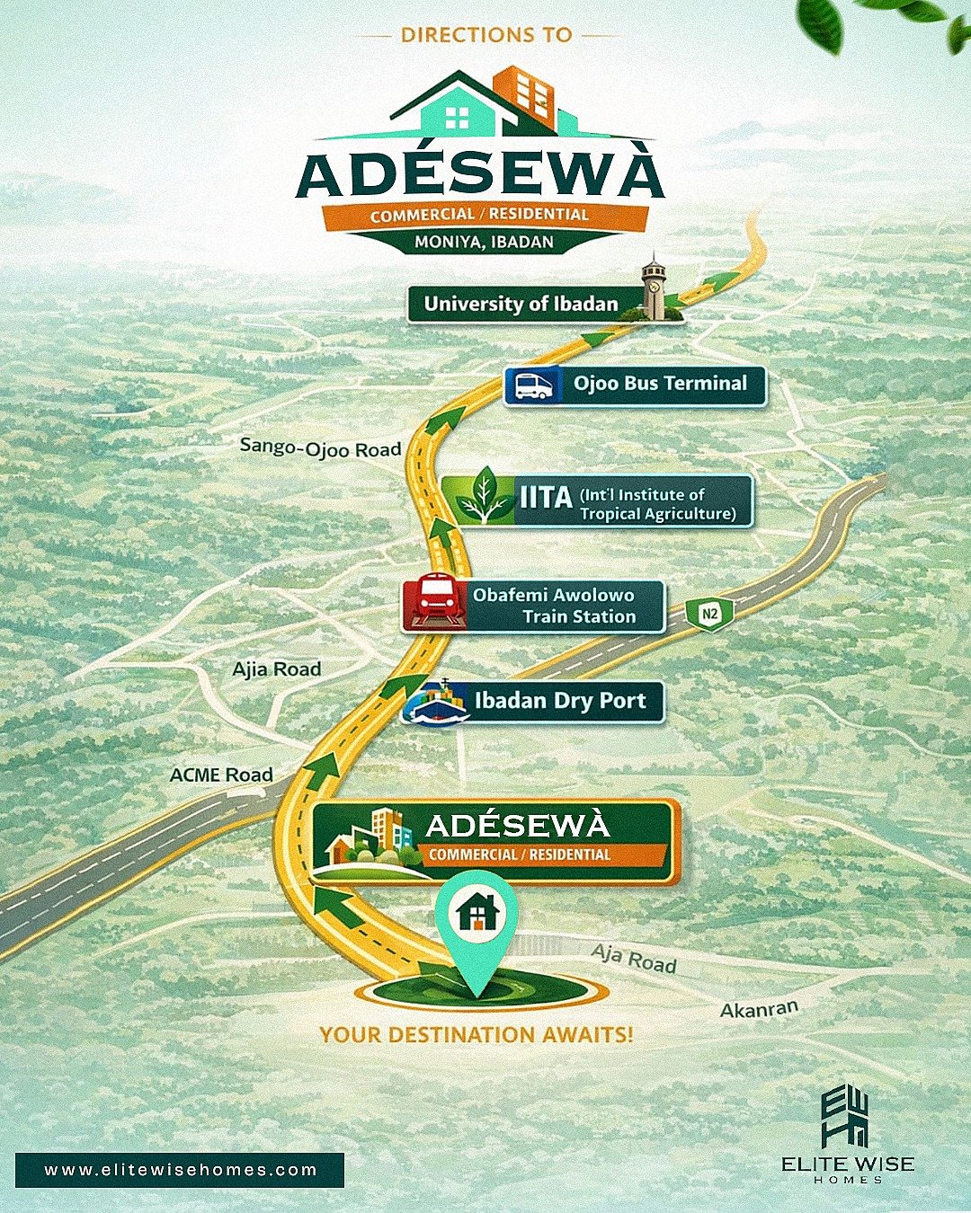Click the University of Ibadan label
coord(521,304)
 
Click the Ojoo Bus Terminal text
coord(660,384)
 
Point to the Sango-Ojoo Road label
coord(320,447)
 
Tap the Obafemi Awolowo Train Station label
coord(554,606)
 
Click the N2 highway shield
coord(710,615)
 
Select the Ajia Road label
coord(276,669)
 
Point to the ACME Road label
coord(221,775)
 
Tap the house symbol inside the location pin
coord(477,914)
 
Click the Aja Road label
coord(634,959)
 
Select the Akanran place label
coord(759,1009)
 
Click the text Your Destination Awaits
coord(476,1034)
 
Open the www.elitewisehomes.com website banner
coord(180,1170)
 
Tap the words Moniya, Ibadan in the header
coord(484,242)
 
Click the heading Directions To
coord(486,35)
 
